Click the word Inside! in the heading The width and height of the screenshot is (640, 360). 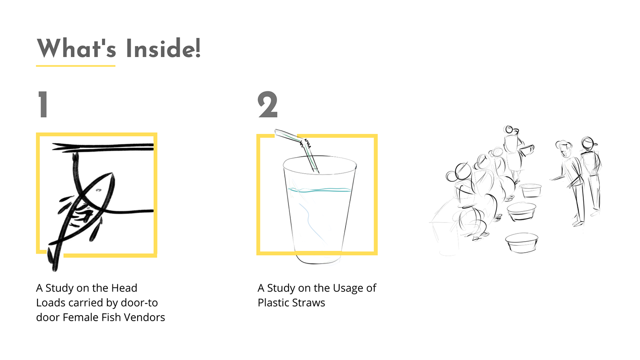coord(163,48)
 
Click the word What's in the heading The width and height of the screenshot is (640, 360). coord(76,48)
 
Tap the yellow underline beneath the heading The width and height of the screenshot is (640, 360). coord(76,66)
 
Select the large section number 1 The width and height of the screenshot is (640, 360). coord(43,104)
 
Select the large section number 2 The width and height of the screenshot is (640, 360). coord(267,104)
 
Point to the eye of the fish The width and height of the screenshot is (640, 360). coord(99,190)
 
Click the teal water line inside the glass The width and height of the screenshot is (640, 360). coord(320,190)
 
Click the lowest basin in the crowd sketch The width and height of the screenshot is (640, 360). coord(522,243)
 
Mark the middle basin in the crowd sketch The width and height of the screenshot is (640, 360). coord(522,212)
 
